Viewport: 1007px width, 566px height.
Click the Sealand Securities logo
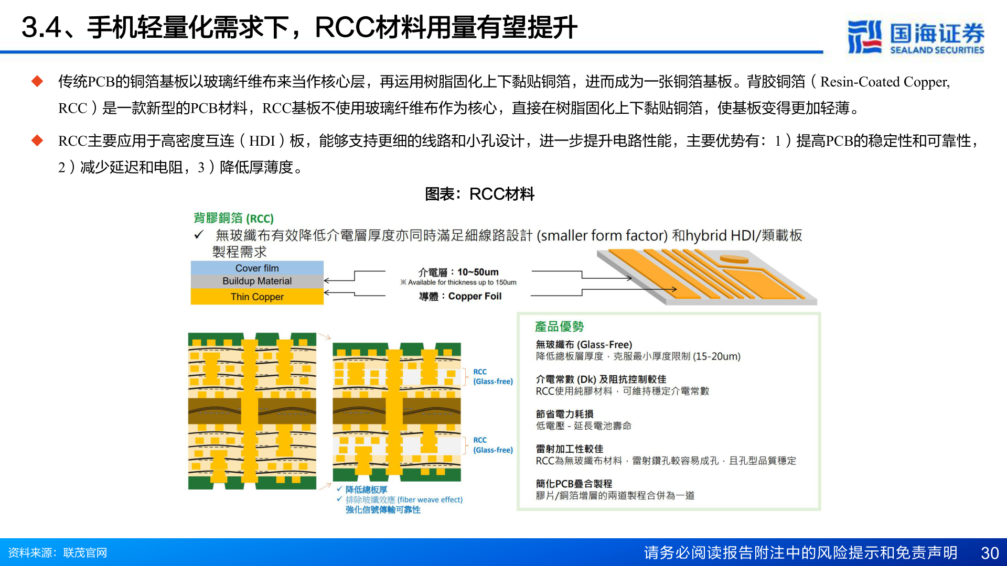point(915,37)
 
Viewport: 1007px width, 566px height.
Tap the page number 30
point(989,553)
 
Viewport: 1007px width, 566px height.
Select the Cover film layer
point(257,268)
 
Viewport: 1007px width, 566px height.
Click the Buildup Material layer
point(257,281)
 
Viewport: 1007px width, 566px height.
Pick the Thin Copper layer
point(257,297)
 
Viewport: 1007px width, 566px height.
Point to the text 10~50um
point(478,272)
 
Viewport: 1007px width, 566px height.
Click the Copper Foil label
point(474,296)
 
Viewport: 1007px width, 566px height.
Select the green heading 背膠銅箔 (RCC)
point(233,218)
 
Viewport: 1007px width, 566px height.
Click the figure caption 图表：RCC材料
point(479,194)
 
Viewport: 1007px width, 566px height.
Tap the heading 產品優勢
point(559,326)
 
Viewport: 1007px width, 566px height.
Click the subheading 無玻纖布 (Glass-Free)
point(583,344)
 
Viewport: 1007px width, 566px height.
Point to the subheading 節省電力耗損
point(564,414)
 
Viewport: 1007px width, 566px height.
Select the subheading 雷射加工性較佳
point(569,449)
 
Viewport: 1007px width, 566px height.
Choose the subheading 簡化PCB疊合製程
point(574,484)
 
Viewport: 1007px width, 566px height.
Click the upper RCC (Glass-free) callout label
point(492,376)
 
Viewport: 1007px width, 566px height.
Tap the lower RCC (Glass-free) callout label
point(492,445)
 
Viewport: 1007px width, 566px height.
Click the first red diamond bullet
point(37,81)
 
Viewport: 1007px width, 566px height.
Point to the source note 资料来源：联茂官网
point(58,553)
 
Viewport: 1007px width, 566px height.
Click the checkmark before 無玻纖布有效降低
point(198,235)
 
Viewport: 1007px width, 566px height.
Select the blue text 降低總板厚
point(366,489)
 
